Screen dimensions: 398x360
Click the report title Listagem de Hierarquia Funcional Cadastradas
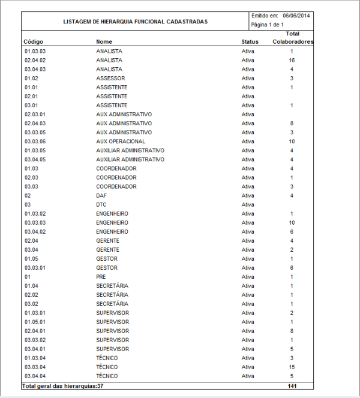(135, 22)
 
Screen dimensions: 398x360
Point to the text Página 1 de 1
(268, 25)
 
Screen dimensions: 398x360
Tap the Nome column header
(104, 42)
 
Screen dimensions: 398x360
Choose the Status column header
(250, 42)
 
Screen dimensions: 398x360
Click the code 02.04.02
(35, 61)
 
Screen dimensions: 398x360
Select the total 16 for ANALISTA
(292, 61)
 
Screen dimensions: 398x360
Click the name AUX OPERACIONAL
(120, 141)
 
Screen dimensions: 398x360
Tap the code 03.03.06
(35, 141)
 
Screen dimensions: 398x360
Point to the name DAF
(101, 195)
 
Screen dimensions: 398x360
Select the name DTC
(101, 204)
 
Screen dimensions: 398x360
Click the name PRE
(101, 277)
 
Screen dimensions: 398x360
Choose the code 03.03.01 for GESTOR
(35, 268)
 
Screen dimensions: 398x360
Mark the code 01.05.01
(35, 322)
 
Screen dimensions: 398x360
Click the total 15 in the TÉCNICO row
(292, 367)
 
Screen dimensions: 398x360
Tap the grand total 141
(292, 385)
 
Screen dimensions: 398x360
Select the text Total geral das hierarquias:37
(62, 385)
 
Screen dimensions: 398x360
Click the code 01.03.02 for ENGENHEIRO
(35, 213)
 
